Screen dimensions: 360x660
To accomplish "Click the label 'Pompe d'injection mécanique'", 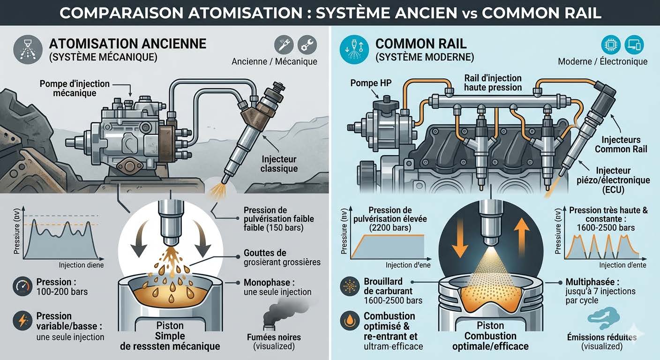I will (75, 89).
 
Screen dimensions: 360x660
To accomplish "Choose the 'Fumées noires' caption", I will (274, 337).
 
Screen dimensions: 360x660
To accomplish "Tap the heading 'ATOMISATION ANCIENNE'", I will (127, 44).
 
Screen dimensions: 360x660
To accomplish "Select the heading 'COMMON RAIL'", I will (421, 44).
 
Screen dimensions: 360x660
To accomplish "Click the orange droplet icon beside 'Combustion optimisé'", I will (349, 321).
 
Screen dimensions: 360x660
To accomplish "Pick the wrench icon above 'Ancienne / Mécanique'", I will (307, 45).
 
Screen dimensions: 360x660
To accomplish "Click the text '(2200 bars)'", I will (390, 228).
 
